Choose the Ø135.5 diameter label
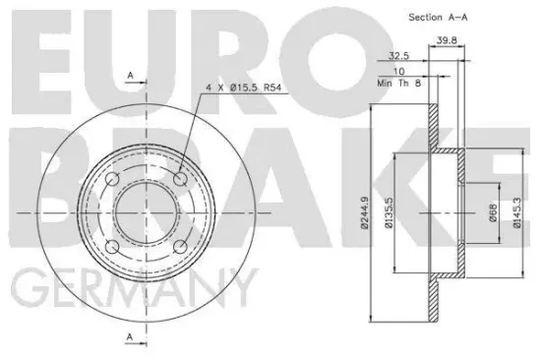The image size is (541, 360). pos(391,212)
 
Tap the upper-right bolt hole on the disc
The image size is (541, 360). pos(180,179)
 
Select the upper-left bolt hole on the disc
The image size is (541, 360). pos(113,179)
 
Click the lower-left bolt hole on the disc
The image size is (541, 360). pos(113,246)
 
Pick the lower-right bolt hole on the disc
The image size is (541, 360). pos(180,246)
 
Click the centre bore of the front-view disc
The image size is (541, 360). pos(147,212)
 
